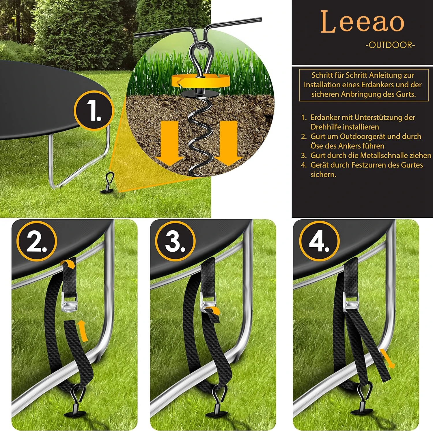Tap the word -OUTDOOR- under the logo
[x=390, y=45]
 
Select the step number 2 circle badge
[x=37, y=241]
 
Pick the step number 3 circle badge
[x=175, y=241]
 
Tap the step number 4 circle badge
[x=319, y=241]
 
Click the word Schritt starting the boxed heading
[x=321, y=75]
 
